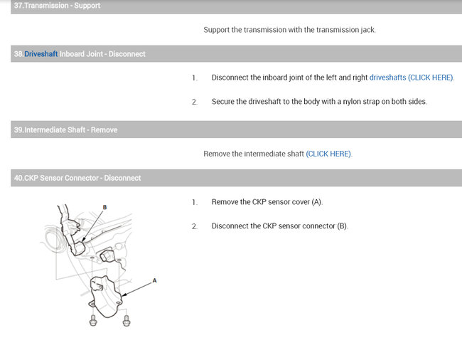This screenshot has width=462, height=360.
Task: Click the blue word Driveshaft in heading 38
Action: pos(41,54)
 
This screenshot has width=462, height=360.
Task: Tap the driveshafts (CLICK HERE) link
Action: pos(412,78)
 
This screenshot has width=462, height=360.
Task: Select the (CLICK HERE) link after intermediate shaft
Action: pos(328,154)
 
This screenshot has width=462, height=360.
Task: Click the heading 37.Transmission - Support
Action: pos(57,6)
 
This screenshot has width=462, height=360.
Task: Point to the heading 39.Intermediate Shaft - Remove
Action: pos(65,129)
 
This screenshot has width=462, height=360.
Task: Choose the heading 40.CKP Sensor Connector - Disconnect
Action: pos(77,178)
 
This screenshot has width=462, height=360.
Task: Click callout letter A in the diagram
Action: pos(154,280)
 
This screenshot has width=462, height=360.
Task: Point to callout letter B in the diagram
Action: pos(104,207)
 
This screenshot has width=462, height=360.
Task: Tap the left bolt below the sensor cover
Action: pos(93,320)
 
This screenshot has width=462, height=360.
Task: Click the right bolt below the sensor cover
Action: pos(127,320)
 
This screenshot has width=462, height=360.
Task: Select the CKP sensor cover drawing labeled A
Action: pos(105,296)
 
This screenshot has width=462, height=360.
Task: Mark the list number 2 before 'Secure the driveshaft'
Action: pos(195,102)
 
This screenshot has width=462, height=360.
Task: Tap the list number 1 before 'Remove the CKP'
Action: pos(195,202)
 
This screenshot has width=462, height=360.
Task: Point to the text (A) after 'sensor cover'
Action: pos(317,202)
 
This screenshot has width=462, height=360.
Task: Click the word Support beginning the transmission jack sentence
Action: pos(216,30)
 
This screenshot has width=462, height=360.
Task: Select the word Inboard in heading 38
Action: pos(72,54)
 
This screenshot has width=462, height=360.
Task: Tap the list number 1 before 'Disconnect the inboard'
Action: pos(195,78)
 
